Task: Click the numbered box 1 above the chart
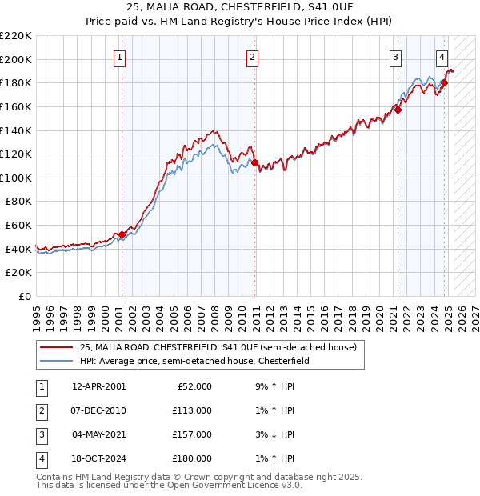119,57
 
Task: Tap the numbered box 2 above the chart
252,57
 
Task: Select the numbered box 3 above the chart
395,57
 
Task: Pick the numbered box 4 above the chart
442,57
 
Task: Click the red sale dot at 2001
122,234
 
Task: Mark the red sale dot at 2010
254,162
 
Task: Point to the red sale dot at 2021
398,110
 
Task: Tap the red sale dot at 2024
444,82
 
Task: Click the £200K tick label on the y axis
16,59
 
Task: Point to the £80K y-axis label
18,202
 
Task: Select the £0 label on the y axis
26,296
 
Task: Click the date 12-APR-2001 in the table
98,386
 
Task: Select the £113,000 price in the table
192,410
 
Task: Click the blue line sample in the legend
56,361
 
